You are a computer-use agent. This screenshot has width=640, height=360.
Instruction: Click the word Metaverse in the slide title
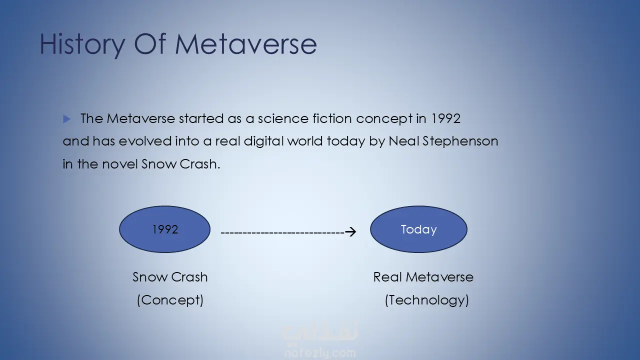[246, 44]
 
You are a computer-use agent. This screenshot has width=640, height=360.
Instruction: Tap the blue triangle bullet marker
[67, 119]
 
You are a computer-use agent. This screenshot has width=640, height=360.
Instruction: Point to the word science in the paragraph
[283, 118]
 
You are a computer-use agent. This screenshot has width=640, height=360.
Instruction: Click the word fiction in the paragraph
[332, 118]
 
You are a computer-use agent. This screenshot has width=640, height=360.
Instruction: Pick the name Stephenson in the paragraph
[460, 141]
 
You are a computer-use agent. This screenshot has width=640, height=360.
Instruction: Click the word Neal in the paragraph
[403, 141]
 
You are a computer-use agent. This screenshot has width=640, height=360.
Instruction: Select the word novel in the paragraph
[120, 164]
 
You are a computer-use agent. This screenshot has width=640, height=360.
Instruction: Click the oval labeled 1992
[164, 229]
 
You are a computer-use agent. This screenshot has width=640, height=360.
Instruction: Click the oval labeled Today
[418, 229]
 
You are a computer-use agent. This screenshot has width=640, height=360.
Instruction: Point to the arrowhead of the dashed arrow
[351, 231]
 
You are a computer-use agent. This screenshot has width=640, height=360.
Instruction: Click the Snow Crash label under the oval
[170, 277]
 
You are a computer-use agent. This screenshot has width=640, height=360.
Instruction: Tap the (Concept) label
[170, 300]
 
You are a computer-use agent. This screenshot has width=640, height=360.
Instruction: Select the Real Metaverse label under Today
[423, 277]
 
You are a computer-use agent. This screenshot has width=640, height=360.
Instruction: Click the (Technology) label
[427, 300]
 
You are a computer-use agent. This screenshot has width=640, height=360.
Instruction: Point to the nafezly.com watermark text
[320, 353]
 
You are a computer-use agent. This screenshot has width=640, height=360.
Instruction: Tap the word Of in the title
[150, 44]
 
